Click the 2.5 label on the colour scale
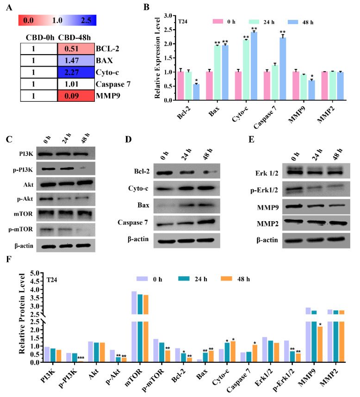pos(85,20)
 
